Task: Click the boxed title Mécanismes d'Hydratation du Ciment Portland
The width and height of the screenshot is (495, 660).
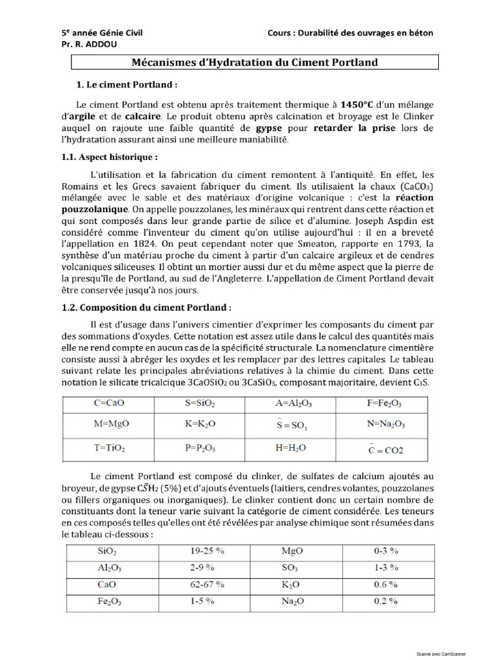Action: (x=255, y=63)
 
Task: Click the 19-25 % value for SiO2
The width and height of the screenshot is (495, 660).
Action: (x=208, y=551)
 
